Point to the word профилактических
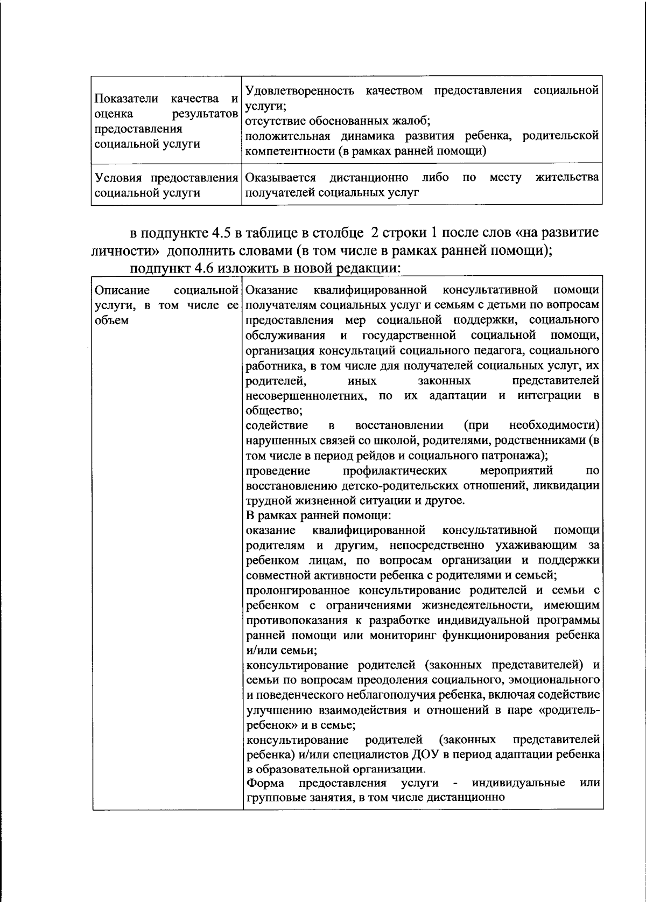(395, 471)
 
